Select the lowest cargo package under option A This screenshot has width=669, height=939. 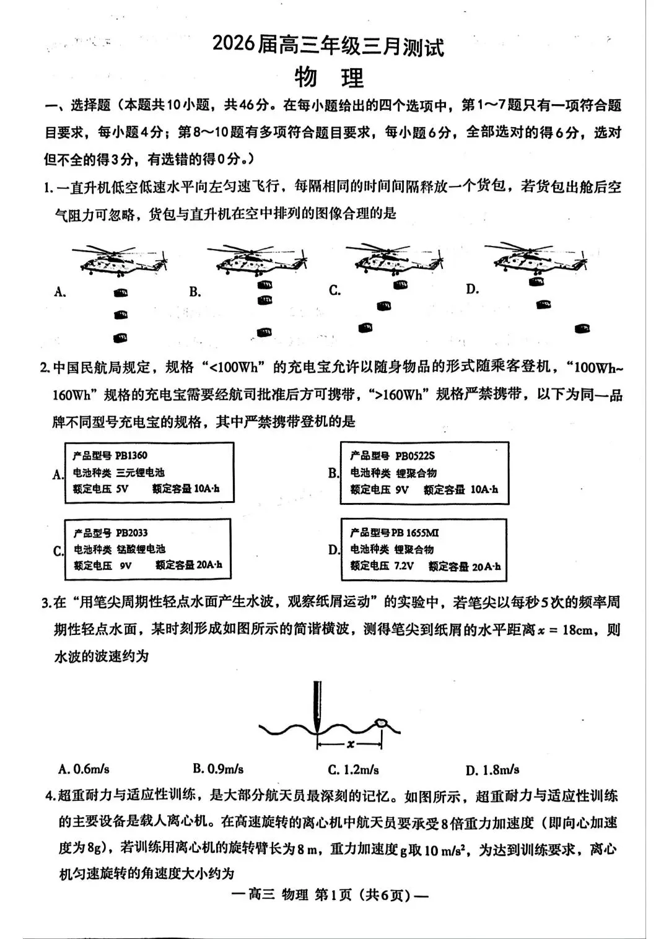click(120, 338)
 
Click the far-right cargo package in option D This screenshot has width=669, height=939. click(582, 328)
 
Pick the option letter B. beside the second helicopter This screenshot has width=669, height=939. click(195, 292)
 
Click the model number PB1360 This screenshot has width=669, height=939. click(131, 455)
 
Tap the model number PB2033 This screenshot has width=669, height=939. click(131, 533)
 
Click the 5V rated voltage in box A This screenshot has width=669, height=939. click(121, 489)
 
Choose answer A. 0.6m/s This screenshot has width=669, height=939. click(84, 769)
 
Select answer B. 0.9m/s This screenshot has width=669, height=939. click(218, 769)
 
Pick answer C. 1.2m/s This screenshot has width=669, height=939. click(353, 770)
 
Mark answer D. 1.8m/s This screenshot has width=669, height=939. click(492, 770)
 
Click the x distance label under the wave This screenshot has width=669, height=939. click(351, 745)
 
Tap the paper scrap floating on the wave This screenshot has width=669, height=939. click(381, 722)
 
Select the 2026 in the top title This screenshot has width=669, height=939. click(234, 46)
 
